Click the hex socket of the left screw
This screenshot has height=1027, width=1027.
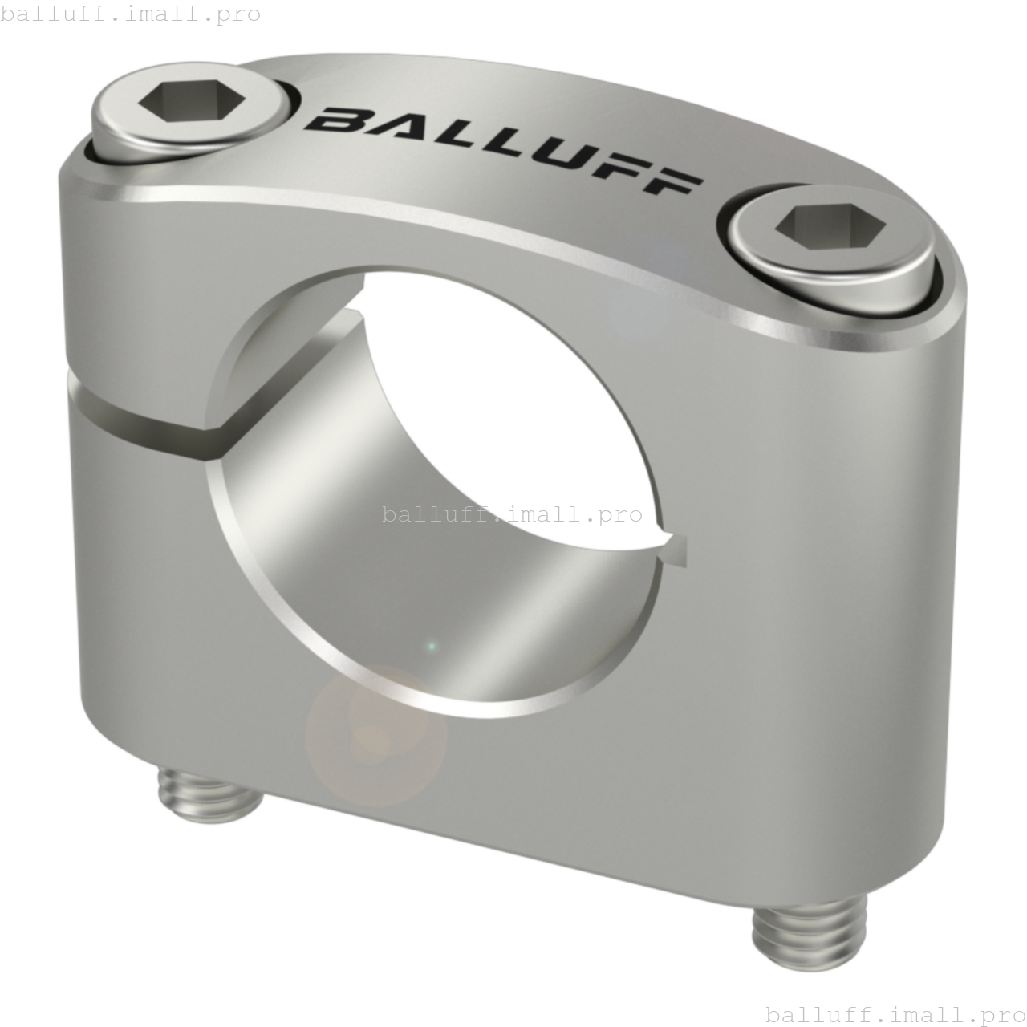tap(192, 100)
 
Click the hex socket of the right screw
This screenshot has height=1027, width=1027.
tap(830, 226)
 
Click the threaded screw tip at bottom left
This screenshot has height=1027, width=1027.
tap(209, 794)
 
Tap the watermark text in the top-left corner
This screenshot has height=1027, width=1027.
tap(131, 14)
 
